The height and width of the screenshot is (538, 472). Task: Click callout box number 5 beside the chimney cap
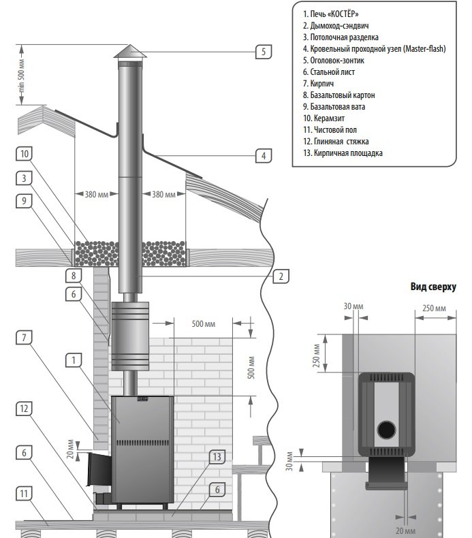[x=264, y=51]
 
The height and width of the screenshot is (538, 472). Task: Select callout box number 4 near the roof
[x=263, y=155]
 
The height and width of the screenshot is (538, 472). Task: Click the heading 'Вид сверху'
[x=433, y=287]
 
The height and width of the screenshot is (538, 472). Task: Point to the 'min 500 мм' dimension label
[x=21, y=75]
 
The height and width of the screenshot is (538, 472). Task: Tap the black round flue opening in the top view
[x=386, y=430]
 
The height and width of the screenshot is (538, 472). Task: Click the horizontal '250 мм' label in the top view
[x=433, y=308]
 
